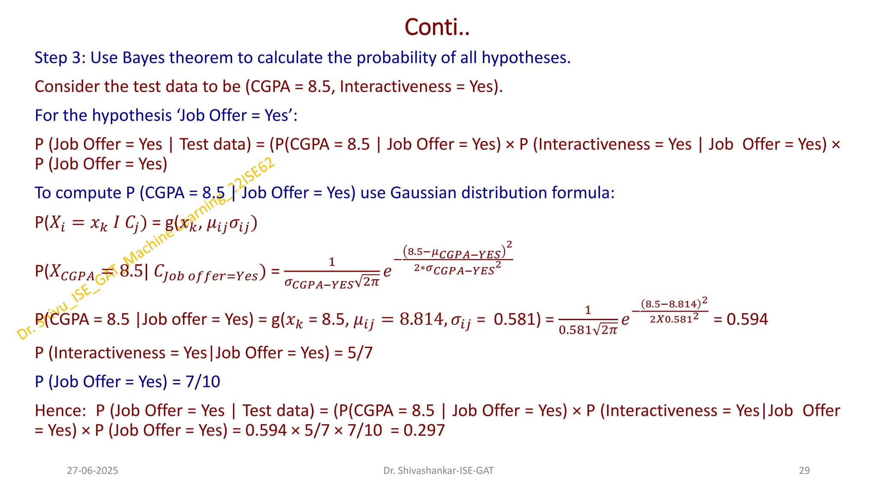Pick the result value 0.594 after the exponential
click(747, 319)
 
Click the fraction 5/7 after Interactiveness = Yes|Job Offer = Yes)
click(360, 353)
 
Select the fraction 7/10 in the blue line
click(203, 382)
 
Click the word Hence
click(60, 411)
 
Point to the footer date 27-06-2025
click(92, 471)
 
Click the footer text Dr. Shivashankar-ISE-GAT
click(438, 471)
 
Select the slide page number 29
click(804, 471)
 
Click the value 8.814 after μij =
click(422, 319)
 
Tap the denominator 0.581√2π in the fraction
click(588, 330)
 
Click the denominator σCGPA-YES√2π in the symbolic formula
click(332, 283)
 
